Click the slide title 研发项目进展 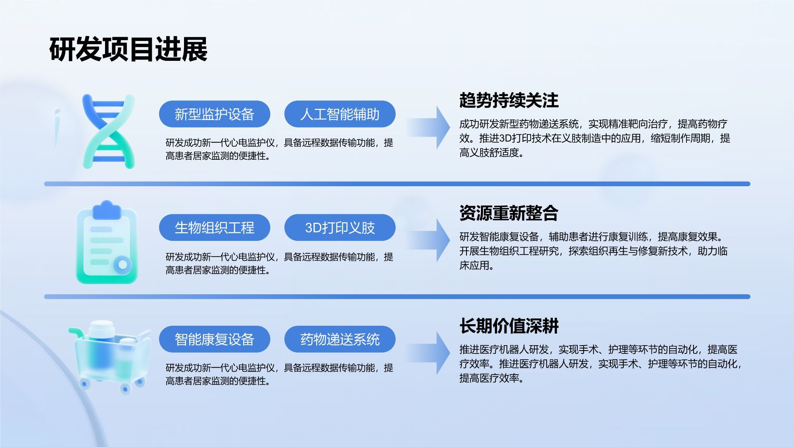(x=128, y=50)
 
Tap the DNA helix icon (x=109, y=131)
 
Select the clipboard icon (x=107, y=243)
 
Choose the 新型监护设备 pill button (x=214, y=114)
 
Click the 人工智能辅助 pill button (x=340, y=114)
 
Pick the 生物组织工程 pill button (x=214, y=228)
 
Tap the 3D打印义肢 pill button (x=340, y=228)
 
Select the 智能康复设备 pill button (x=214, y=339)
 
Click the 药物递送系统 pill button (x=340, y=339)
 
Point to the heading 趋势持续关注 (x=509, y=100)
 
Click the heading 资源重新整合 (x=509, y=213)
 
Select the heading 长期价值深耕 (x=509, y=326)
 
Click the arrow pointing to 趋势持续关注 (x=430, y=127)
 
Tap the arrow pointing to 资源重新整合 (x=430, y=240)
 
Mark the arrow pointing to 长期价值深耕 (x=430, y=353)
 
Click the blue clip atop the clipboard (x=107, y=210)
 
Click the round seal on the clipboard (x=122, y=264)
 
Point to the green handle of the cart (x=76, y=332)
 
